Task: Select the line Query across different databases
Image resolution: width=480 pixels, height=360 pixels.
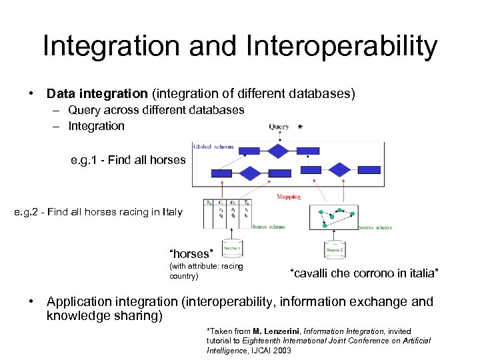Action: coord(156,110)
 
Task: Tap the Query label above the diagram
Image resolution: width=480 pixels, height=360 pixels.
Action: coord(279,127)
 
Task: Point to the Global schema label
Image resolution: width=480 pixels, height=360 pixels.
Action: coord(213,146)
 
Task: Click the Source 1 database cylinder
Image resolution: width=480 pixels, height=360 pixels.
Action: coord(232,249)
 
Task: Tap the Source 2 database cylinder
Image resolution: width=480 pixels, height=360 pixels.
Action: coord(335,249)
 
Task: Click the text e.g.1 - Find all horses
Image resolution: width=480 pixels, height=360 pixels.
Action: coord(128,160)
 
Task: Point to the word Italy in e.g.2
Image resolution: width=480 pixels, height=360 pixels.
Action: coord(171,212)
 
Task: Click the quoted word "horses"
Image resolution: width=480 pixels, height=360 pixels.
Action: coord(191,254)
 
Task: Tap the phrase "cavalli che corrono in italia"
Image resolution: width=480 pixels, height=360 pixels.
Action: coord(364,273)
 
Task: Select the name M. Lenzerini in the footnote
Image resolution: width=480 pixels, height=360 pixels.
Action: coord(277,331)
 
